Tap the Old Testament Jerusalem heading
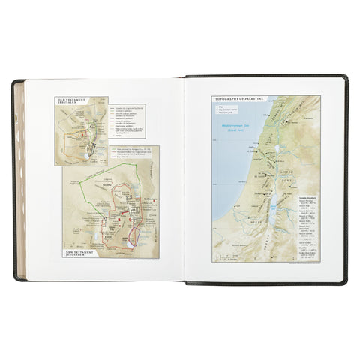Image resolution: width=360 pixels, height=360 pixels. pyautogui.click(x=73, y=100)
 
